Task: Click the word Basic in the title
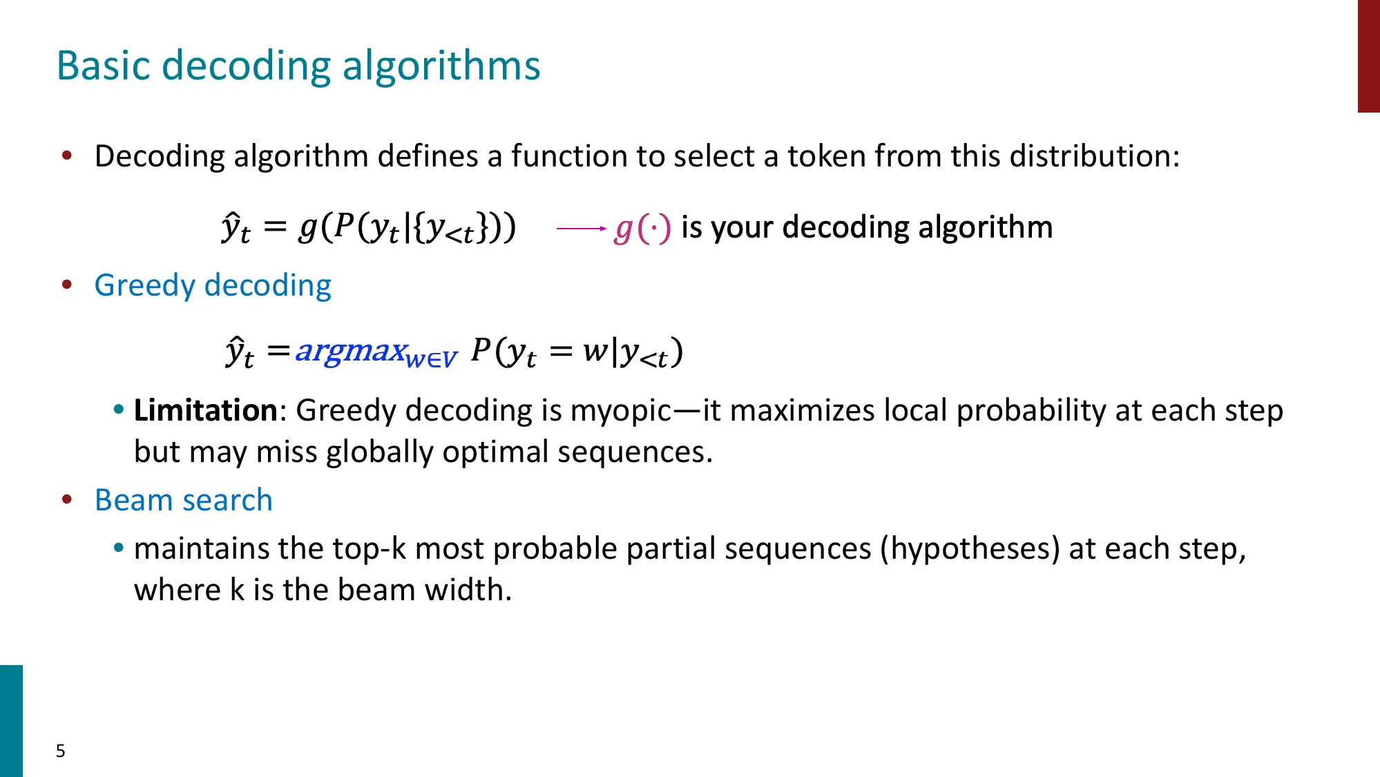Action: (103, 66)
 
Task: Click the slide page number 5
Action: (61, 751)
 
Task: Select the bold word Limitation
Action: (205, 410)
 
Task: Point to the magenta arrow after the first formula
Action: (581, 228)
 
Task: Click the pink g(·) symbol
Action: (642, 228)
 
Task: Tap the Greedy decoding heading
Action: (213, 285)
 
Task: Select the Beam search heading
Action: (184, 500)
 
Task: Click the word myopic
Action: (620, 412)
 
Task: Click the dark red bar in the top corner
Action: (1368, 55)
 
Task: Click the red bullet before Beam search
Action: (67, 499)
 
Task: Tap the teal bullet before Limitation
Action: (119, 410)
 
